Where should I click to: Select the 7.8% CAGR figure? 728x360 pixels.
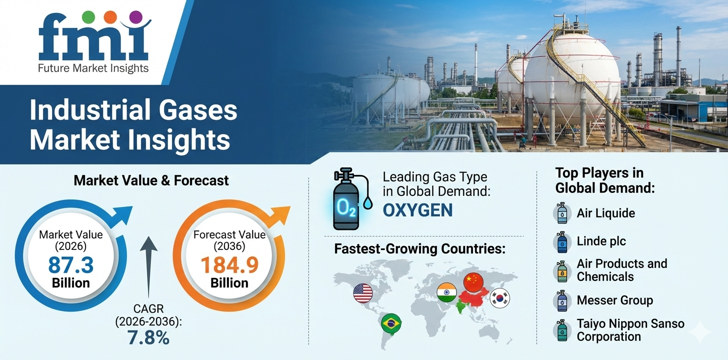pos(148,337)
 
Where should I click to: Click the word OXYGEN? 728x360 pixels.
pos(417,210)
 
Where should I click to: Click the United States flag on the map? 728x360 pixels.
pos(363,293)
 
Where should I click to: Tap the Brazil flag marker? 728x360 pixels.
pos(390,323)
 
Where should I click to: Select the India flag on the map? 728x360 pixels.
pos(446,292)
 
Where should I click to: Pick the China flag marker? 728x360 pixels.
pos(473,282)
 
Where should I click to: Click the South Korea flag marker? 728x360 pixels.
pos(499,298)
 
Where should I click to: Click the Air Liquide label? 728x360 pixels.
pos(605,213)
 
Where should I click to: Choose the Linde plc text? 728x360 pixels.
pos(601,241)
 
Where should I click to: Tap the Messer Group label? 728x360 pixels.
pos(614,300)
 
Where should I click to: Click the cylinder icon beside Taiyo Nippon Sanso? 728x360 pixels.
pos(562,330)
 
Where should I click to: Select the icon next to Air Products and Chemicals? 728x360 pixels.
pos(562,271)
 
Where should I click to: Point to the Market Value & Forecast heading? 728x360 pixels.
pos(151,180)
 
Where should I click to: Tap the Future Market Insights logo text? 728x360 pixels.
pos(93,67)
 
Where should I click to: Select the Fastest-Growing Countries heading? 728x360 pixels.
pos(419,249)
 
